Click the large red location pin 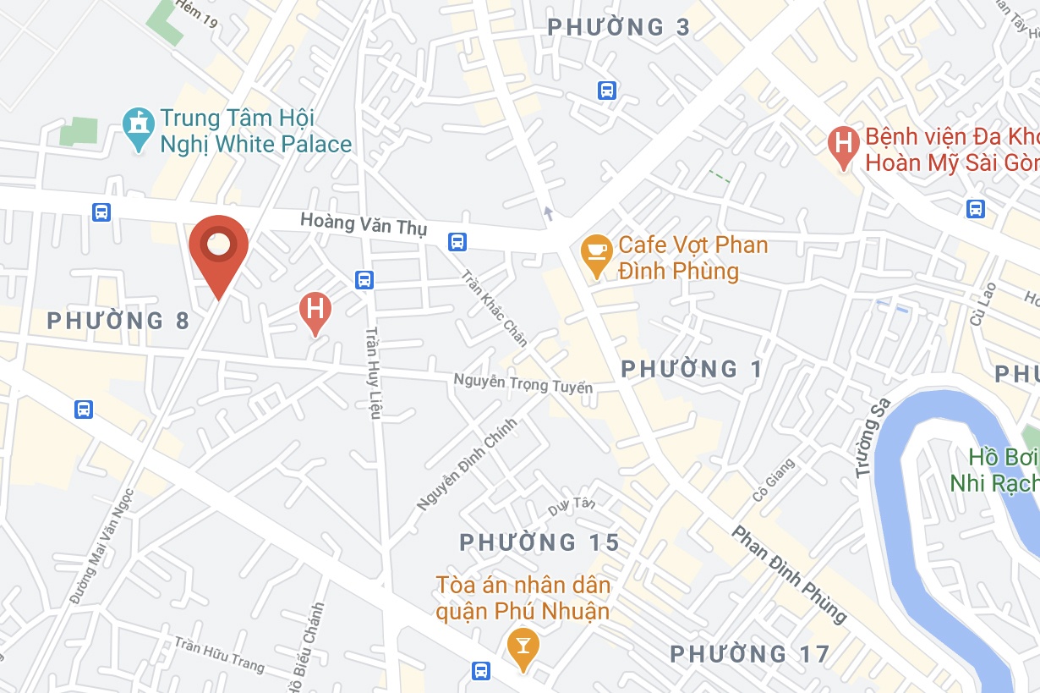218,246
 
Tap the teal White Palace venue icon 137,128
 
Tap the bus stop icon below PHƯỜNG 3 606,91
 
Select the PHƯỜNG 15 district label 539,542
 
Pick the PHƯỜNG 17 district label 750,654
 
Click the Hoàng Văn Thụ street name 364,225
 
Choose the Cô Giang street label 774,479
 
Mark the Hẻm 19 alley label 197,14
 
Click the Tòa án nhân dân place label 523,597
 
